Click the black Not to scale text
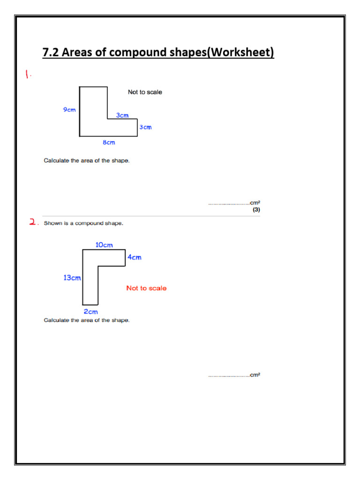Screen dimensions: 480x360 pyautogui.click(x=145, y=92)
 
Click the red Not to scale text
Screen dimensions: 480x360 pyautogui.click(x=146, y=288)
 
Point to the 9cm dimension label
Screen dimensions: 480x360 pyautogui.click(x=69, y=109)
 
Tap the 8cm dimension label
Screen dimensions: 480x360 pyautogui.click(x=109, y=142)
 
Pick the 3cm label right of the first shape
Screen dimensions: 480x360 pyautogui.click(x=145, y=127)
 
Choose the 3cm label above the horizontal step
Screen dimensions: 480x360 pyautogui.click(x=122, y=115)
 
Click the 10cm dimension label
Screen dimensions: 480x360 pyautogui.click(x=104, y=245)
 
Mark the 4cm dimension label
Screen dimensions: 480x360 pyautogui.click(x=134, y=257)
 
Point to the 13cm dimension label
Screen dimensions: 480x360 pyautogui.click(x=72, y=277)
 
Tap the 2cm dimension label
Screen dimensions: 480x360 pyautogui.click(x=90, y=311)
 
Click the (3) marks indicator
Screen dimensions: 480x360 pyautogui.click(x=256, y=210)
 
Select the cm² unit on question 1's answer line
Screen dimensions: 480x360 pyautogui.click(x=255, y=203)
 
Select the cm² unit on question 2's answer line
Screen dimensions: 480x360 pyautogui.click(x=255, y=375)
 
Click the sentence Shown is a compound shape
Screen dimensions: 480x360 pyautogui.click(x=83, y=223)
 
